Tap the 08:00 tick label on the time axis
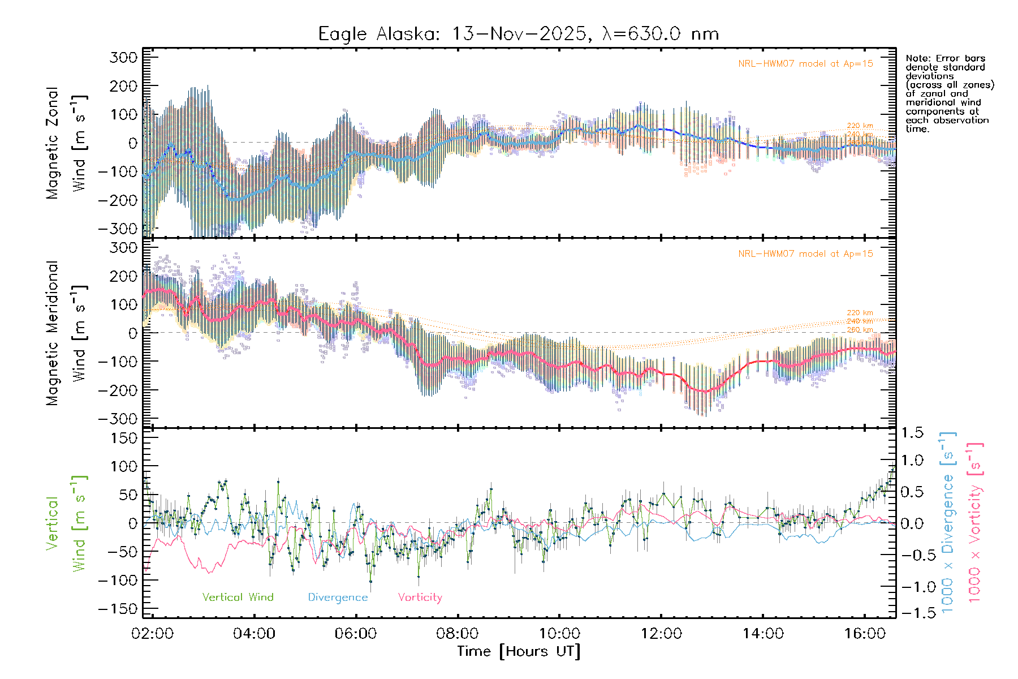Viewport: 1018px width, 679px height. (x=458, y=633)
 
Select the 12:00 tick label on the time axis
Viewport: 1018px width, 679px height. (x=661, y=633)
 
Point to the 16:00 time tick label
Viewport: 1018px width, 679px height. (x=865, y=633)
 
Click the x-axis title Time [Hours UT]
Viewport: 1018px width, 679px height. (x=519, y=651)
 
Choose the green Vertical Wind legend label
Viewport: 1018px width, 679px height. (x=238, y=597)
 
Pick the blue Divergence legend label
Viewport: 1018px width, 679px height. (x=338, y=597)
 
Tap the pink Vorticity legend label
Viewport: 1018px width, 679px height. (x=420, y=597)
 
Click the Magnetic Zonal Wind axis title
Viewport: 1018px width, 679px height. (x=66, y=143)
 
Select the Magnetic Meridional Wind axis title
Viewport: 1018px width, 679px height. (x=66, y=333)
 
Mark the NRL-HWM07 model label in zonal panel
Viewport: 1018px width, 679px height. (x=805, y=64)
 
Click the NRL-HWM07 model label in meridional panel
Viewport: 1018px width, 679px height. (x=805, y=254)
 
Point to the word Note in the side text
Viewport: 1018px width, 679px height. (x=916, y=58)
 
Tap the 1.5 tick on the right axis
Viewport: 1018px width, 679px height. (x=912, y=433)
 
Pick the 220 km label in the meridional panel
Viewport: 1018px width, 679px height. (x=860, y=312)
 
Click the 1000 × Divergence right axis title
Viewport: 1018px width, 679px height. (x=948, y=523)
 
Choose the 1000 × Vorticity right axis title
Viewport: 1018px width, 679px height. (x=975, y=523)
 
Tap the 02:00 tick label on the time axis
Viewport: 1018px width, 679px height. (x=152, y=633)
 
